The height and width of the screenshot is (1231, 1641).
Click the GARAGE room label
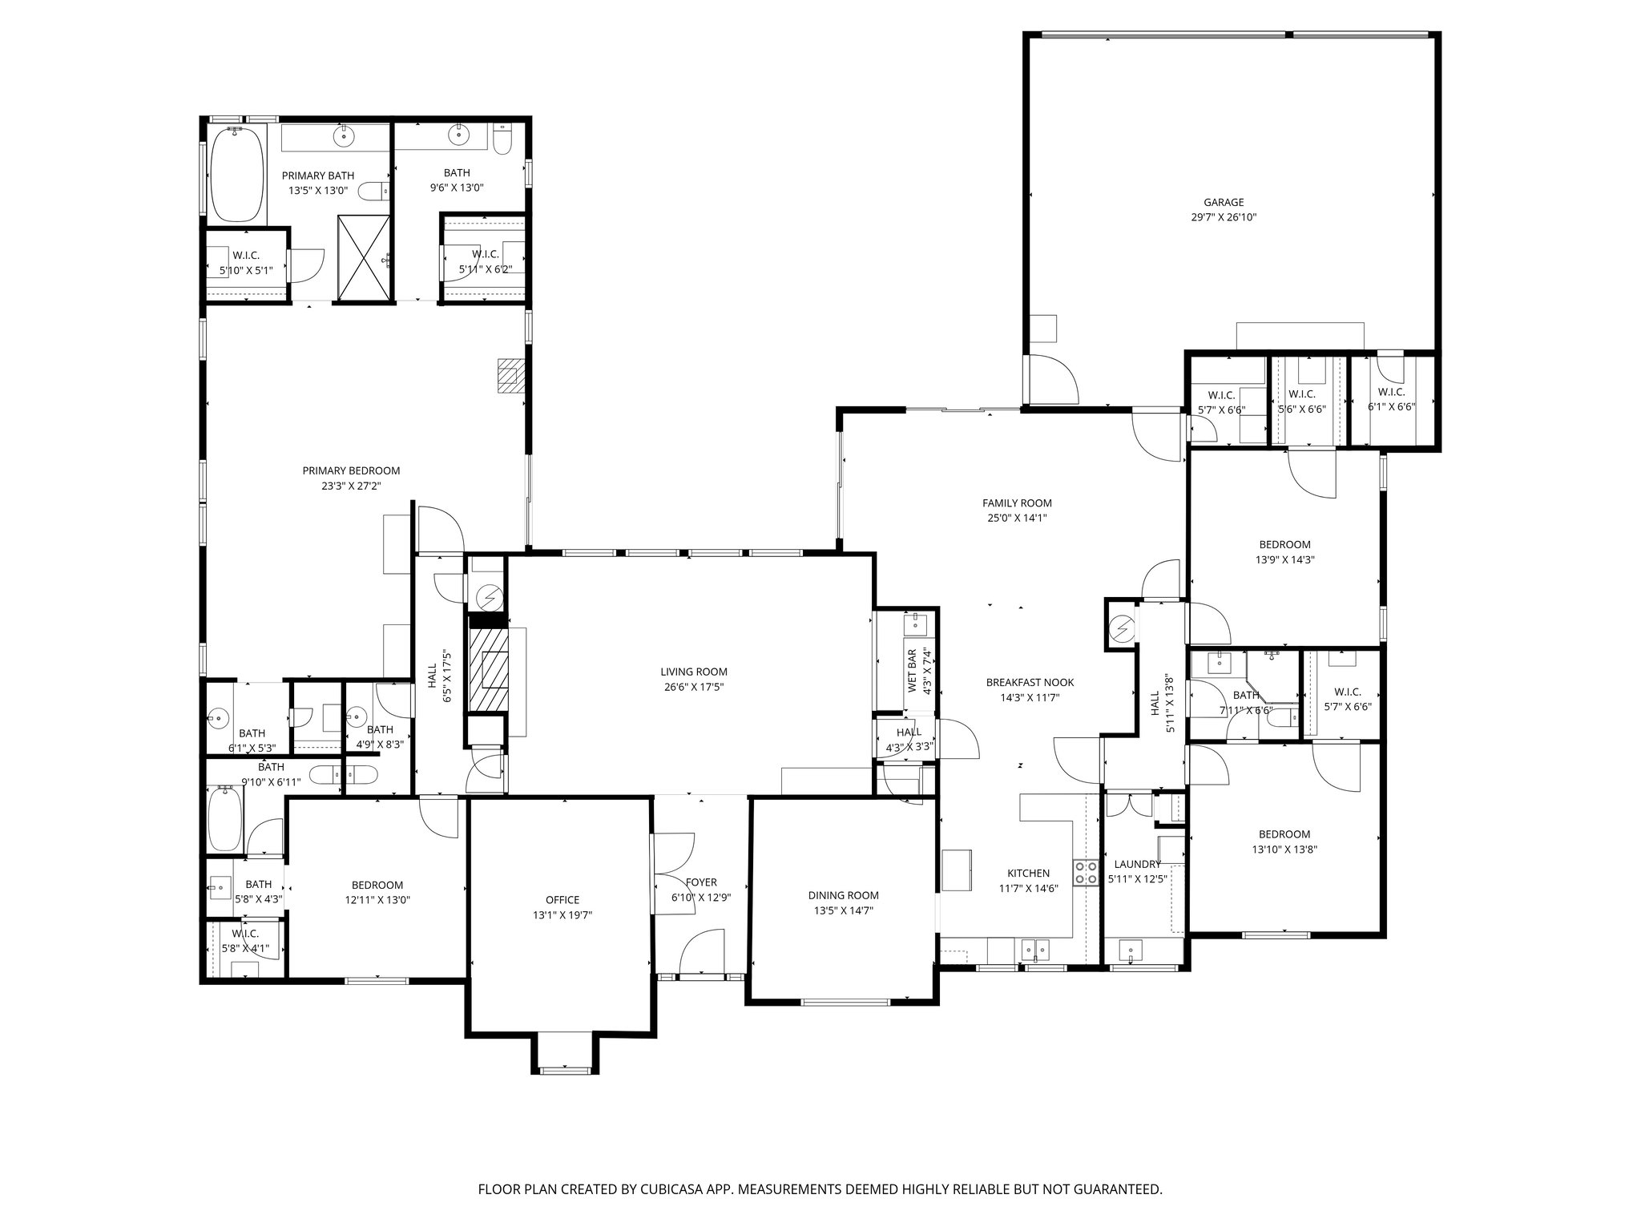pos(1223,203)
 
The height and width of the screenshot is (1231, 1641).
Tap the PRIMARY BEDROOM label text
pos(351,470)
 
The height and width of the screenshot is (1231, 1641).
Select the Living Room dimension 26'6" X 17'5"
pos(693,687)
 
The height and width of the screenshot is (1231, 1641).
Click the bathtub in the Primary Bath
pos(236,175)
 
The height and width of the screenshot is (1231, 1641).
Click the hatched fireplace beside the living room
pos(489,668)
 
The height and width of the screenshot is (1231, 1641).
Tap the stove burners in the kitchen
pos(1086,873)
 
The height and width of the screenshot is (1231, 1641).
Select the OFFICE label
pos(562,900)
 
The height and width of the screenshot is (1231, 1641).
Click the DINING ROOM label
pos(843,895)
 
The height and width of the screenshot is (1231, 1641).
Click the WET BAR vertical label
pos(912,670)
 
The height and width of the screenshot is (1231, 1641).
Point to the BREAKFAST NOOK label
pos(1030,683)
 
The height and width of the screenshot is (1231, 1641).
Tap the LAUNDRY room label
pos(1137,864)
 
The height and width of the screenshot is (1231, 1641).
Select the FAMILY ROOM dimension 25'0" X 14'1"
pos(1017,518)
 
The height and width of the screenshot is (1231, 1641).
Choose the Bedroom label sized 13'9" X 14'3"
pos(1284,545)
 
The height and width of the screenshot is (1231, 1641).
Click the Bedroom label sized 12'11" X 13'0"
pos(377,885)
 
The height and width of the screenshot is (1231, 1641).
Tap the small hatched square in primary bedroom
pos(510,375)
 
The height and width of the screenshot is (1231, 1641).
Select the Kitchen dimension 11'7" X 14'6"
pos(1028,888)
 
